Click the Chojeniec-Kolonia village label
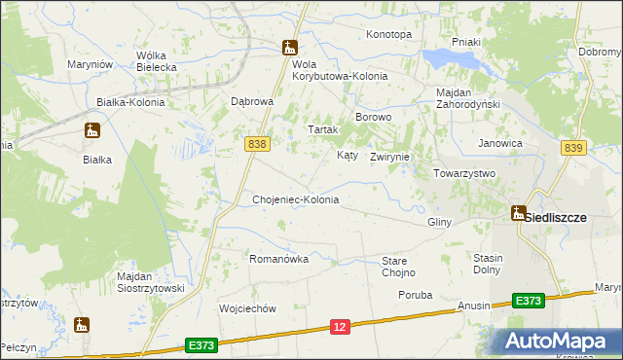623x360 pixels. pyautogui.click(x=295, y=199)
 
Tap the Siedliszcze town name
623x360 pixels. pyautogui.click(x=556, y=218)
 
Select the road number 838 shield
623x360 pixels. pyautogui.click(x=256, y=143)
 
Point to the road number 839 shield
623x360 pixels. pyautogui.click(x=573, y=147)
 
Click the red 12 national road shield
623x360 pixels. pyautogui.click(x=339, y=328)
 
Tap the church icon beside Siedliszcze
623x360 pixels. pyautogui.click(x=519, y=213)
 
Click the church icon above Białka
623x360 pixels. pyautogui.click(x=92, y=130)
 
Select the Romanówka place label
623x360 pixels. pyautogui.click(x=279, y=260)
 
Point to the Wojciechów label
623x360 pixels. pyautogui.click(x=249, y=308)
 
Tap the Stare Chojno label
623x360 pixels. pyautogui.click(x=398, y=267)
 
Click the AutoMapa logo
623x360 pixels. pyautogui.click(x=561, y=341)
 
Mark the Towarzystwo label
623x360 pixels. pyautogui.click(x=464, y=173)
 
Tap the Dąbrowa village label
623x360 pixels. pyautogui.click(x=252, y=101)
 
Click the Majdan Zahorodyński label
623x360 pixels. pyautogui.click(x=467, y=98)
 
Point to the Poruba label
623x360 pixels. pyautogui.click(x=415, y=294)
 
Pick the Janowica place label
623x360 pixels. pyautogui.click(x=500, y=143)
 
